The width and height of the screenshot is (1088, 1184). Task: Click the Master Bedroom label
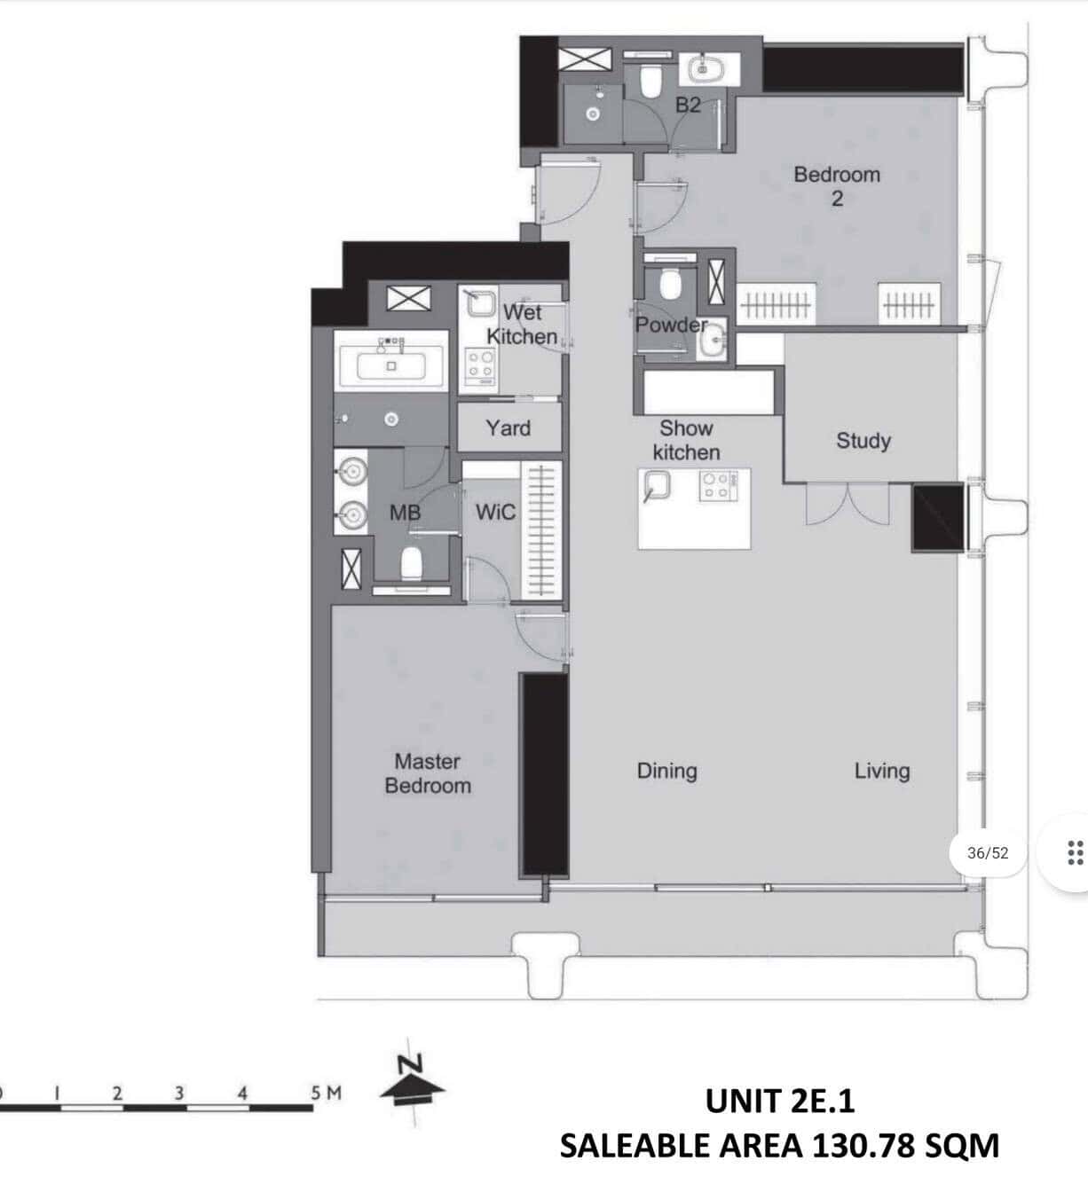[428, 773]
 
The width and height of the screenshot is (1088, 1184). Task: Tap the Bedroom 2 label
[837, 186]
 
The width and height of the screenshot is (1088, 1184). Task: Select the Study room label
[863, 441]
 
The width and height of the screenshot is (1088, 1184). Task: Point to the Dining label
[666, 771]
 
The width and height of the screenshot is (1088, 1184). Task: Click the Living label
[882, 771]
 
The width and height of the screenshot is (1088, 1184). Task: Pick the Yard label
[508, 427]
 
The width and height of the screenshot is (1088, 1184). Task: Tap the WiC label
[495, 512]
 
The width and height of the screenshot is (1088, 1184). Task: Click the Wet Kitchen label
[522, 324]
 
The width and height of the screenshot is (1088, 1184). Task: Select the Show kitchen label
[686, 440]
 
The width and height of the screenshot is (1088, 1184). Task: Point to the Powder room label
[671, 325]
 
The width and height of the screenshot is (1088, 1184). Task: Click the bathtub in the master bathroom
[391, 365]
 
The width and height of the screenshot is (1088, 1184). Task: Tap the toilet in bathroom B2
[651, 81]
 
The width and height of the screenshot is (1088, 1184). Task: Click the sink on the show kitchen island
[657, 485]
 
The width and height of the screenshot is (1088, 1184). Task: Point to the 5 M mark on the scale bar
[326, 1094]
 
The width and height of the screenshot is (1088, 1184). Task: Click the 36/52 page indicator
[988, 853]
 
